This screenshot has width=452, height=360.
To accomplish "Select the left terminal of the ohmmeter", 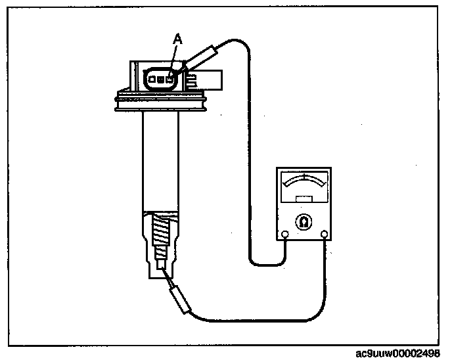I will [284, 234].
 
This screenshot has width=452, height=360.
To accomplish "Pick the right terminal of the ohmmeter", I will [324, 234].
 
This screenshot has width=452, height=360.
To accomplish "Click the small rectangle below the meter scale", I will [304, 198].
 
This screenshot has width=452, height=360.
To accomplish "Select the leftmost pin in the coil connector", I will [152, 78].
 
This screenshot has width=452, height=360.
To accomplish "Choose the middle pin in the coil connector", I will [160, 78].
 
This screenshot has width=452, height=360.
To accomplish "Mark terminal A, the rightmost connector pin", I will [169, 78].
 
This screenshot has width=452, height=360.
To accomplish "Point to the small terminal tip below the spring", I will [160, 263].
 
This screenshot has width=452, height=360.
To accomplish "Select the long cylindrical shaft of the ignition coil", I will [160, 164].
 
